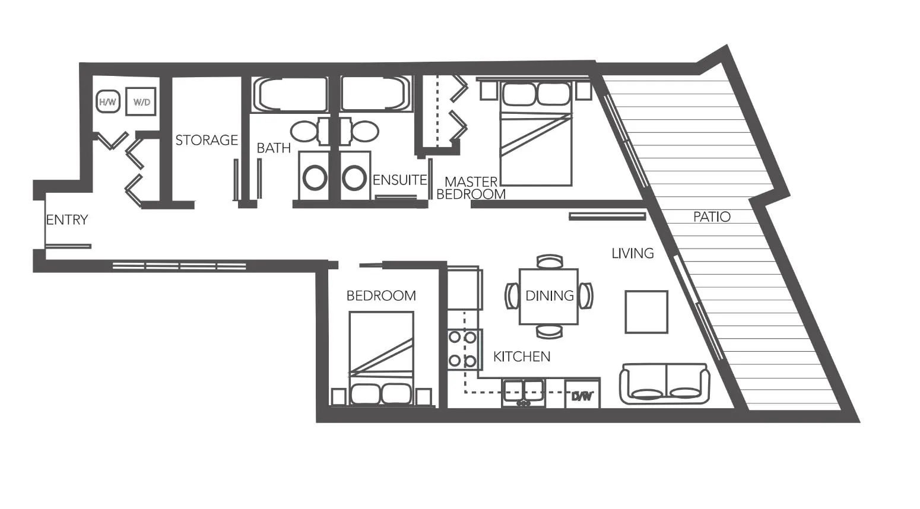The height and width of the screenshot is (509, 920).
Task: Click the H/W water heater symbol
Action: click(x=107, y=102)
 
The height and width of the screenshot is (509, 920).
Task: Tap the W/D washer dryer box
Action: click(x=141, y=102)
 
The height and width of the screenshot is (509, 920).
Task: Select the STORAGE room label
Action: click(x=206, y=140)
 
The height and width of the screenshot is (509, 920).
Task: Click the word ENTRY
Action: click(x=66, y=220)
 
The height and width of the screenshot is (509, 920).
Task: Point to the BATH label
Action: click(x=273, y=148)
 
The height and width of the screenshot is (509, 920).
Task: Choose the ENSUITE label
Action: click(x=399, y=180)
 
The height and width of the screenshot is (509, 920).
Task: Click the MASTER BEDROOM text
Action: click(x=471, y=187)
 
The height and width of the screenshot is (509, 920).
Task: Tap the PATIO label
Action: click(x=711, y=217)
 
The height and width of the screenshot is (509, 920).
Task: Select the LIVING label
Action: click(x=632, y=253)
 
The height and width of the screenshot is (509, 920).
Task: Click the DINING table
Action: click(x=548, y=296)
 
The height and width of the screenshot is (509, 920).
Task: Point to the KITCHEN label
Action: click(x=521, y=357)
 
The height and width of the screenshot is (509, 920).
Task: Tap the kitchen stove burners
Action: click(x=462, y=349)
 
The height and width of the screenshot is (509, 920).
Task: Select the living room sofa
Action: click(x=664, y=384)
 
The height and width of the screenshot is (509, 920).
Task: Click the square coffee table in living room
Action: click(x=646, y=311)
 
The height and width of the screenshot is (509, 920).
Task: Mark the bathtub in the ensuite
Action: click(x=375, y=94)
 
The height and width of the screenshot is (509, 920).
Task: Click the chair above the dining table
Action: click(x=548, y=262)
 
